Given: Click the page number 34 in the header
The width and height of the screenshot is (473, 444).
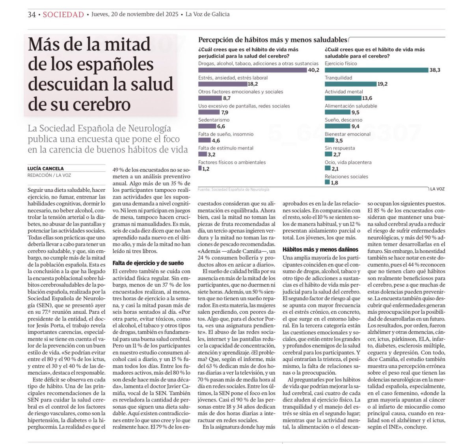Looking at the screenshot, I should click(x=32, y=15).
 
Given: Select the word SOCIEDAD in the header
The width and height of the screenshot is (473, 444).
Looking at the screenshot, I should click(x=63, y=15).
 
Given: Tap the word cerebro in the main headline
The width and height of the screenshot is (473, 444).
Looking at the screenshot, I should click(x=104, y=104).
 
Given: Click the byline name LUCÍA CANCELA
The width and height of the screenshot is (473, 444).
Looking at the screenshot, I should click(x=45, y=168).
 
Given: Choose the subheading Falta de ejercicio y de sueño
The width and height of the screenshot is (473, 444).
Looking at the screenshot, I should click(x=148, y=263).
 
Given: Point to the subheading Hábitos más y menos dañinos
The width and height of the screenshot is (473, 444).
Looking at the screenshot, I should click(x=320, y=249).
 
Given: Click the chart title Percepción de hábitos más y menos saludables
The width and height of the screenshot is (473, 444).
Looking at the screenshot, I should click(x=272, y=40).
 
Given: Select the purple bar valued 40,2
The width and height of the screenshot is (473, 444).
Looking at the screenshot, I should click(x=252, y=70).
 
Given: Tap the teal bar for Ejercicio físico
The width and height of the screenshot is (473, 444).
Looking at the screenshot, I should click(x=376, y=70).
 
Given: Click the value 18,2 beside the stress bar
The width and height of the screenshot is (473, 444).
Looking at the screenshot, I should click(x=253, y=84).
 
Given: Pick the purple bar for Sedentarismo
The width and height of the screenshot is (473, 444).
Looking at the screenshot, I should click(x=207, y=126).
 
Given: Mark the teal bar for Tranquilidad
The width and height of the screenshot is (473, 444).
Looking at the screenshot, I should click(x=350, y=84).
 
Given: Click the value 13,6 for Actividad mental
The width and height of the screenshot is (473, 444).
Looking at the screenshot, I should click(x=367, y=98).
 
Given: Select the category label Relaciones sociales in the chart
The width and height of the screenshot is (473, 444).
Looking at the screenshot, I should click(x=346, y=176).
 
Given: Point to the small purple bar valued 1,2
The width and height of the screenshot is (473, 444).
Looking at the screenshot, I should click(x=200, y=168).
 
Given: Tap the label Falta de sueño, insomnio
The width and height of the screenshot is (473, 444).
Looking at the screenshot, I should click(x=225, y=134).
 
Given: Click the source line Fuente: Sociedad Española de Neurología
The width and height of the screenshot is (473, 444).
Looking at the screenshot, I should click(x=233, y=189).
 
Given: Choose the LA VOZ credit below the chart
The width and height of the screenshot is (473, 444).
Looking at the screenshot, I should click(x=437, y=189).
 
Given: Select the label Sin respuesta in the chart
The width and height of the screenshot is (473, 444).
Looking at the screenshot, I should click(x=339, y=148).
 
